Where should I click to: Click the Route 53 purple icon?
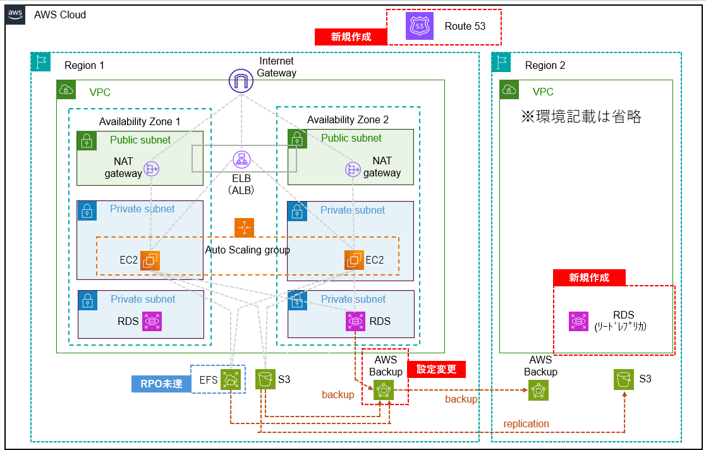419,27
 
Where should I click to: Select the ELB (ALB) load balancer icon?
240,160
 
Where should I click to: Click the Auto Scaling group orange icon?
244,228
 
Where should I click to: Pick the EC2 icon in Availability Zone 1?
150,260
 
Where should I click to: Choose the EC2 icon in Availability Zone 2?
354,260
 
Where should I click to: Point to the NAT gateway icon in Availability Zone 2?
352,169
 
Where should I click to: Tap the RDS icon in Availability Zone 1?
152,321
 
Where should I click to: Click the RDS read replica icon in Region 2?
578,321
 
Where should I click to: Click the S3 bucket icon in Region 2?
624,380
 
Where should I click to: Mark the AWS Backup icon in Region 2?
539,391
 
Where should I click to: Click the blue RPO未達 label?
161,384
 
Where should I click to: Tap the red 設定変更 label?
437,370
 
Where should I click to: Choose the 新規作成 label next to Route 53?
351,37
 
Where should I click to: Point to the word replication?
526,423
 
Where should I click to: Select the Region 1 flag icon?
40,62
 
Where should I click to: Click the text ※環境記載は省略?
581,117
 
